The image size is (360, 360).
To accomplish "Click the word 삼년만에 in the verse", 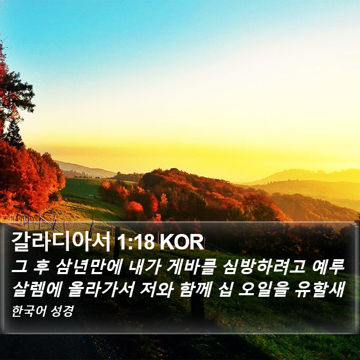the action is pos(88,268).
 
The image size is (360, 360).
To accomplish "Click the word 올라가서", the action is pos(101,289).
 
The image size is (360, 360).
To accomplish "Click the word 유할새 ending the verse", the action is pos(320,289).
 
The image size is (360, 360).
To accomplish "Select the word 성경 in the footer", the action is pos(62,311).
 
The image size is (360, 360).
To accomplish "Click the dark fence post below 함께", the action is pos(197,308).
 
